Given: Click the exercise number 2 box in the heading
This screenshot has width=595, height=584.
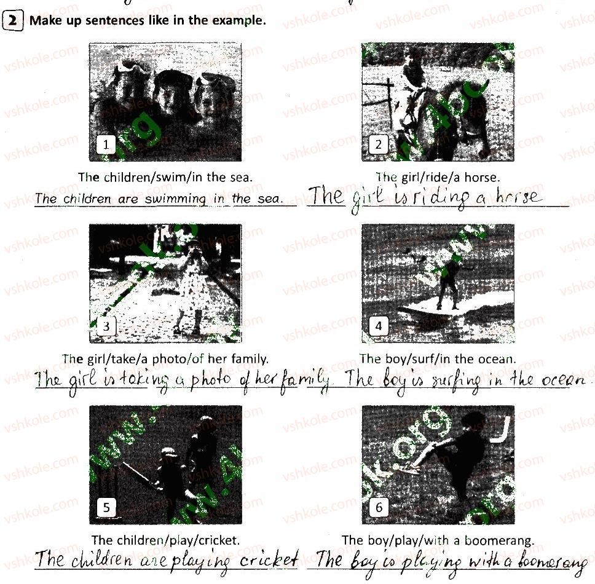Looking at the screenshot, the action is tap(12, 20).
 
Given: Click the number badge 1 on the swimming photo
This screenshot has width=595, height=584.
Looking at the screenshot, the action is tap(106, 144).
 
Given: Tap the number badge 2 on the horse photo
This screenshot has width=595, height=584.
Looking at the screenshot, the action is tap(378, 144).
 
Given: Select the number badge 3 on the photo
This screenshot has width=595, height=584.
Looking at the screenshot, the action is tap(106, 326).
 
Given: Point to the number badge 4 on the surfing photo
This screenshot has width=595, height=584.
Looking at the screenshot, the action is tap(378, 326).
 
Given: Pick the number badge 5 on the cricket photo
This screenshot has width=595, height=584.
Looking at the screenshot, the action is tap(106, 507).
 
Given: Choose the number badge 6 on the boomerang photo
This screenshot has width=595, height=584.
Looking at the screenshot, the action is tap(378, 507).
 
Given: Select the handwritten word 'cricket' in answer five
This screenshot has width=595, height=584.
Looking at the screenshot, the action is tap(269, 559).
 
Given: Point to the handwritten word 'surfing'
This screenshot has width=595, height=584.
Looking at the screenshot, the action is tap(456, 381).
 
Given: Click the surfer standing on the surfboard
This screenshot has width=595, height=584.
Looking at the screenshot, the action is tap(449, 283).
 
